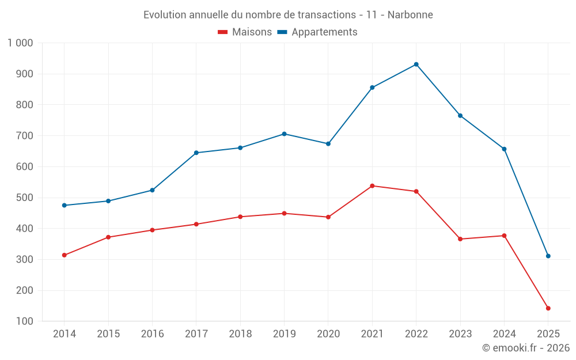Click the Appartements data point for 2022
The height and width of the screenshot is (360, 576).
click(x=416, y=65)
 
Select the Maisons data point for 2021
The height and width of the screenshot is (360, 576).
click(x=372, y=186)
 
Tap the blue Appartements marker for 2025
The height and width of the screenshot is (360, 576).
click(x=548, y=256)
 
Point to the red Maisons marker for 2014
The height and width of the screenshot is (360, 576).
click(x=64, y=255)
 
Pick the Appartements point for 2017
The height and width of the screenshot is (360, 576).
click(x=196, y=153)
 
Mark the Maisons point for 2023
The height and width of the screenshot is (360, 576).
click(x=460, y=239)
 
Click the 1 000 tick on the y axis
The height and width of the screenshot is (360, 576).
click(x=20, y=43)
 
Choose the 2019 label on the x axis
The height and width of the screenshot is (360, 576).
click(x=284, y=334)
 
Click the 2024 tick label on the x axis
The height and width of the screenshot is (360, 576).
click(x=504, y=334)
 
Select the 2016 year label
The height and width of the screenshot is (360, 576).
click(x=152, y=334)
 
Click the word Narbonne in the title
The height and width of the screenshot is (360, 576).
click(x=410, y=14)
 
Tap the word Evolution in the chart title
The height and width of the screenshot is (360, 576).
click(x=165, y=14)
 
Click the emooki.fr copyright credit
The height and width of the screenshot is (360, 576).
click(x=526, y=348)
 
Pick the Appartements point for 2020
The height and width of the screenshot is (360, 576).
click(x=328, y=144)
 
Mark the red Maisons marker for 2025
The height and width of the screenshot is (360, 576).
click(x=548, y=308)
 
